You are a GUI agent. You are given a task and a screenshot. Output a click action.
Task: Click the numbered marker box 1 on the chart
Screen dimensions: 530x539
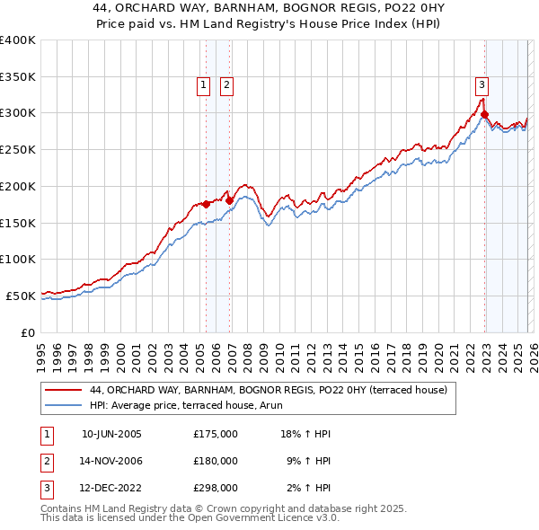point(204,85)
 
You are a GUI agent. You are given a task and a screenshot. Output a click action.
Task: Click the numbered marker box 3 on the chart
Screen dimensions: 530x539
point(482,85)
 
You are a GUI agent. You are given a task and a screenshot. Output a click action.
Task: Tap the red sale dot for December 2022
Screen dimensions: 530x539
point(484,114)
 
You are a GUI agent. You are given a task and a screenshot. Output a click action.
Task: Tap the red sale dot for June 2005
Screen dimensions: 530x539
point(206,204)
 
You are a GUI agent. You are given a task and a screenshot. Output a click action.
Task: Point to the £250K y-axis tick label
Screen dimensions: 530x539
point(18,149)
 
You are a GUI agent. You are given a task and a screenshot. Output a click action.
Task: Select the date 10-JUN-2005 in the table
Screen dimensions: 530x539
point(111,434)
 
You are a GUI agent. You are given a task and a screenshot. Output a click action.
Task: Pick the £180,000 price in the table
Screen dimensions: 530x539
point(216,461)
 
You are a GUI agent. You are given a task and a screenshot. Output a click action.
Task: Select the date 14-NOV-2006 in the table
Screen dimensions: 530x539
point(111,461)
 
